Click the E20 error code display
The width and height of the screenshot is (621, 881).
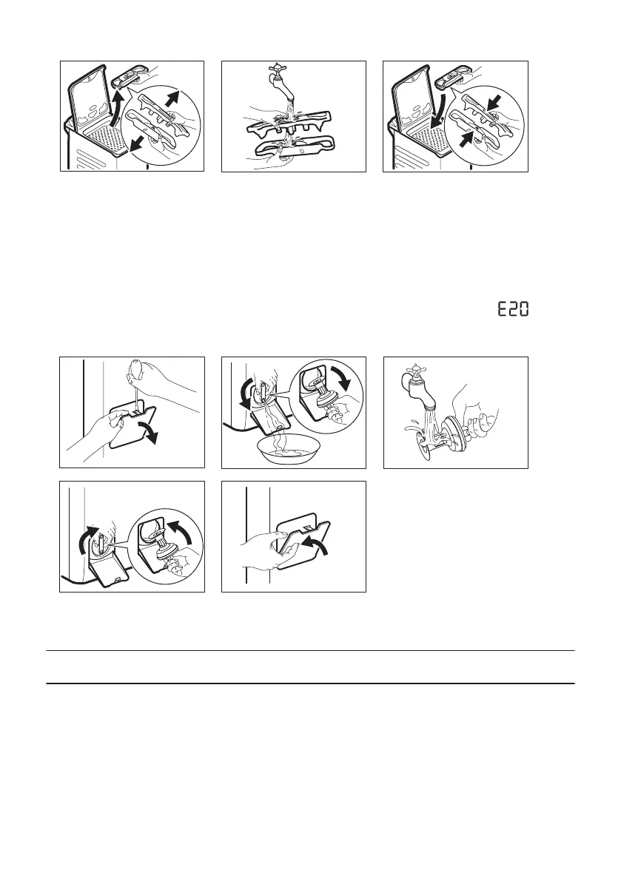pos(513,309)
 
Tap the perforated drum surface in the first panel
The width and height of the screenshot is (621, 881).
pos(107,141)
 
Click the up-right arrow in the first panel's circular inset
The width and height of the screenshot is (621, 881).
pos(175,99)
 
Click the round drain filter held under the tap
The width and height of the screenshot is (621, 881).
pos(447,435)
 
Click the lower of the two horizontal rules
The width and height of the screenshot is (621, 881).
pos(310,683)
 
